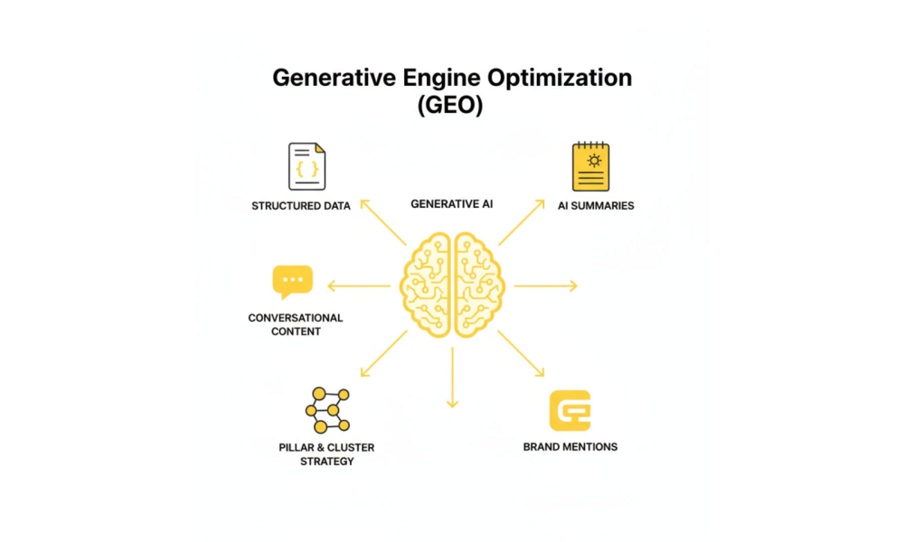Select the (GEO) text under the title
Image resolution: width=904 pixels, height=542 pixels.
(x=451, y=105)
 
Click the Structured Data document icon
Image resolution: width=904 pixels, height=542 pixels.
(x=306, y=166)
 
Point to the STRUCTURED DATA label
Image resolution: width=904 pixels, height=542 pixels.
(x=301, y=206)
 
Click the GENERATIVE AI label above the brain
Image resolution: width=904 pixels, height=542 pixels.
(x=452, y=204)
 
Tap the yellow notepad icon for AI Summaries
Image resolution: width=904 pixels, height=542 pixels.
(x=591, y=167)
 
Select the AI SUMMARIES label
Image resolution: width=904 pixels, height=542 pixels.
(x=596, y=206)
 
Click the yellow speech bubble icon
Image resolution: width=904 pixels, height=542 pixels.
(x=292, y=281)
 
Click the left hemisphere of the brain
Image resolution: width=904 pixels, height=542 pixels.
(x=426, y=285)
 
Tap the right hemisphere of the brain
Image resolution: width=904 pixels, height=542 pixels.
(x=479, y=285)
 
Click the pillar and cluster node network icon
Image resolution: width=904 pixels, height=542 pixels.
(x=327, y=410)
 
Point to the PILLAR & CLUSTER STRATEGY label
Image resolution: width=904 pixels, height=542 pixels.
(x=326, y=454)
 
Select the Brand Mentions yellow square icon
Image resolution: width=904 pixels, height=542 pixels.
(x=570, y=411)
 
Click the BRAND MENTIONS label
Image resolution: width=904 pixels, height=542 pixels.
(x=570, y=447)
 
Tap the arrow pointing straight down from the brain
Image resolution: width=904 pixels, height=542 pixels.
(x=452, y=379)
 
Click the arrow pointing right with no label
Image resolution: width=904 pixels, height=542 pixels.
(x=545, y=285)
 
